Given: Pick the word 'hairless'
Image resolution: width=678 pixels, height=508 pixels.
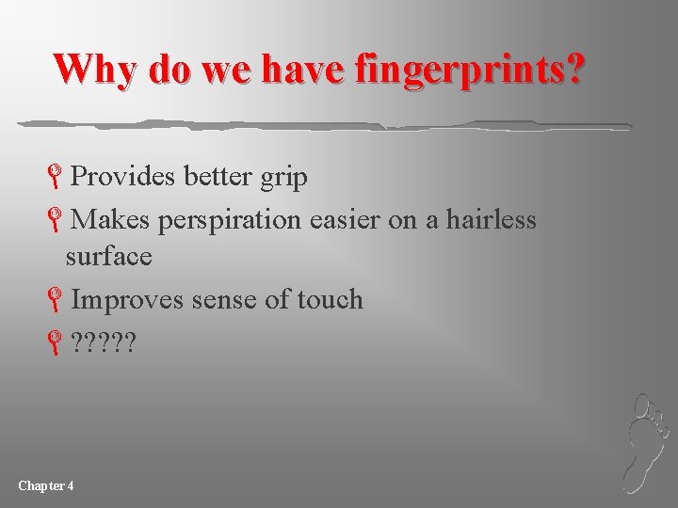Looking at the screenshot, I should [491, 220].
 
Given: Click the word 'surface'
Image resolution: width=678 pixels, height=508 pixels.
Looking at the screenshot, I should [108, 255].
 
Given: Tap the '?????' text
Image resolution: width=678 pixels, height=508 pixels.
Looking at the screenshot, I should [103, 343].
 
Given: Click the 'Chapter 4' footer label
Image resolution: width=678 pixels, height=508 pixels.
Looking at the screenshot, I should [46, 485].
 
